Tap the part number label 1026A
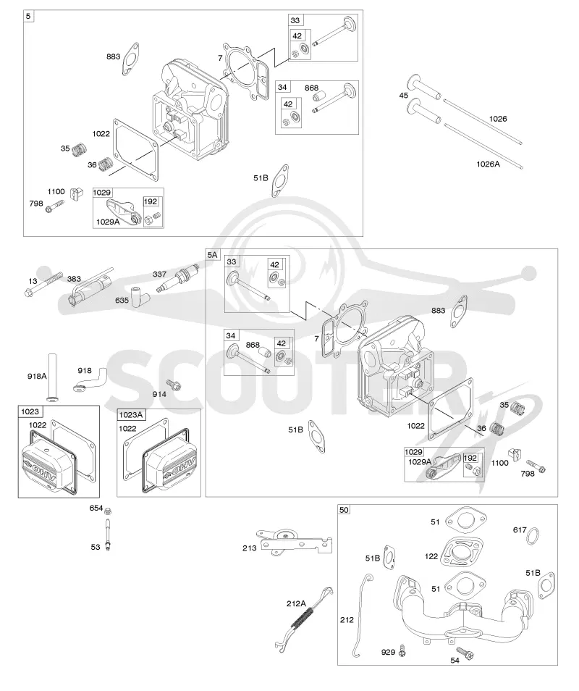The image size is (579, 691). click(x=488, y=164)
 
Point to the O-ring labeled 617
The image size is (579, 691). click(x=533, y=536)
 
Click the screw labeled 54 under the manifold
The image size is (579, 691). click(x=464, y=653)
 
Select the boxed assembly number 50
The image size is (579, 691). click(x=344, y=510)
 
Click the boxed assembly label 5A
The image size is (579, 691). click(x=212, y=255)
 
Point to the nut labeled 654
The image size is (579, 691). click(x=109, y=511)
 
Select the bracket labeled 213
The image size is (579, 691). click(x=294, y=542)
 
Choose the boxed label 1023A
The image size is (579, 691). click(x=131, y=415)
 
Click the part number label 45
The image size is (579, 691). click(x=403, y=95)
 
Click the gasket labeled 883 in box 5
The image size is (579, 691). click(x=130, y=59)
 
